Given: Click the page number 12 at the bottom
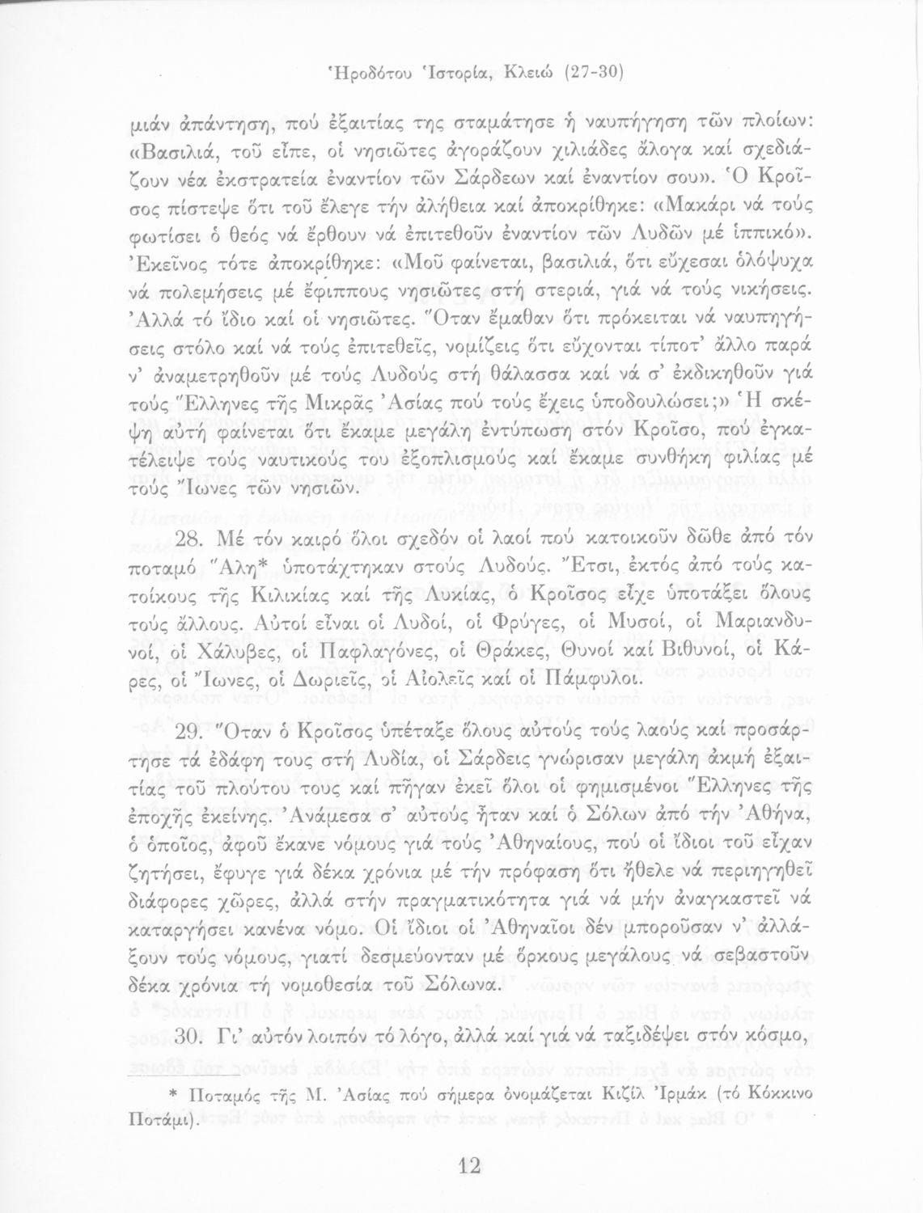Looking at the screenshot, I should tap(469, 1165).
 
